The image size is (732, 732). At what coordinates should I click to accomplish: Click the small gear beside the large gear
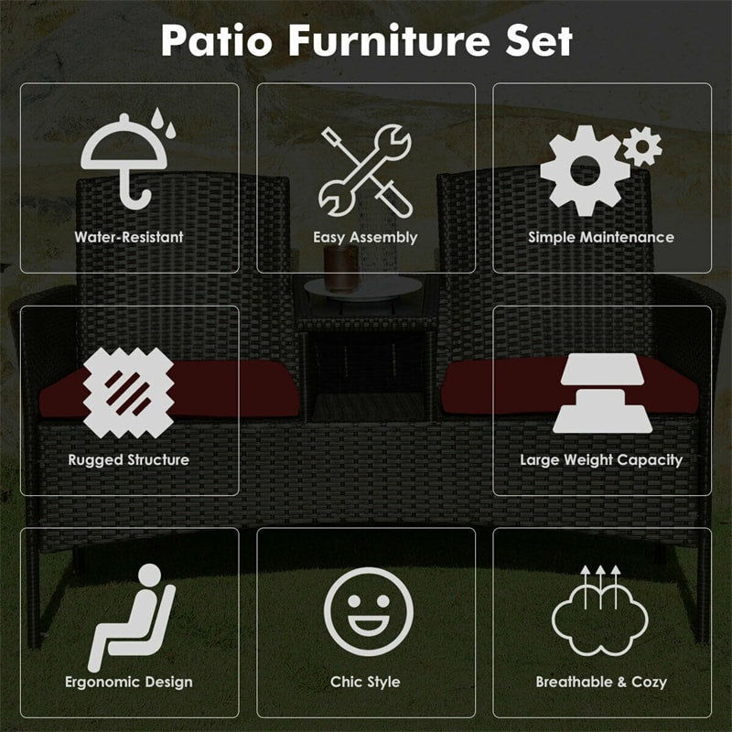(642, 145)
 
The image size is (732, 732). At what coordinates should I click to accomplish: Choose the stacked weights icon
(601, 393)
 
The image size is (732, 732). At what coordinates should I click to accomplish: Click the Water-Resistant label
(129, 237)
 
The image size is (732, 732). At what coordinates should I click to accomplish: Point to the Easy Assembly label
(365, 237)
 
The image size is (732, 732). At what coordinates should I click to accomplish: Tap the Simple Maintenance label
(601, 237)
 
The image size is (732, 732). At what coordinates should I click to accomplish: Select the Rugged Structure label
(129, 459)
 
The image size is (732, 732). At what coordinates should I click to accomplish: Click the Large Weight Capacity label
(601, 459)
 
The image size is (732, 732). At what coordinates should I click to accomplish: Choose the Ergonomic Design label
(129, 682)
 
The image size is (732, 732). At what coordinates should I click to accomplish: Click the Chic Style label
(365, 682)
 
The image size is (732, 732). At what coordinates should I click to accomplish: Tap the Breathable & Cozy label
(601, 682)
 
